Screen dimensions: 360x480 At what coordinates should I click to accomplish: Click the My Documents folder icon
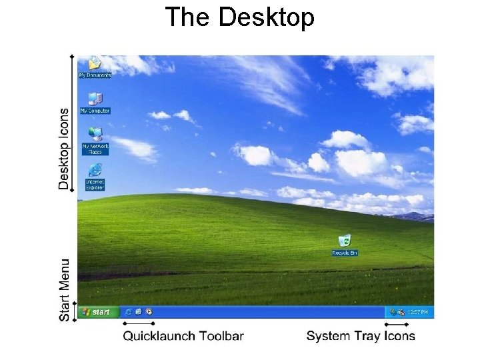(x=95, y=65)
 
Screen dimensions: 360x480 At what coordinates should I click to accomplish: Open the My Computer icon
(x=95, y=100)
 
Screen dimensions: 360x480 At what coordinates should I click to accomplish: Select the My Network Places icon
(x=95, y=133)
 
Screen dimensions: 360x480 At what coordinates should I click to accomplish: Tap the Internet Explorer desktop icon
(x=95, y=169)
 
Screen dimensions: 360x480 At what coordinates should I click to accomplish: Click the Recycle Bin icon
(x=345, y=241)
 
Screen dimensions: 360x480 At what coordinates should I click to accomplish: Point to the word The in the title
(x=189, y=17)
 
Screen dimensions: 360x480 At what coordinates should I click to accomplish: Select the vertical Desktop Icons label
(x=64, y=149)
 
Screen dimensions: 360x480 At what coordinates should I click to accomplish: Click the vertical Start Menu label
(x=64, y=290)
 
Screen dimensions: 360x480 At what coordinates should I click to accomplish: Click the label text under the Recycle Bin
(x=345, y=253)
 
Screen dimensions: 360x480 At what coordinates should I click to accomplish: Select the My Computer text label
(x=95, y=111)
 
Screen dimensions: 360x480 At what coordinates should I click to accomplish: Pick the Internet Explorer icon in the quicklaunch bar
(x=128, y=311)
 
